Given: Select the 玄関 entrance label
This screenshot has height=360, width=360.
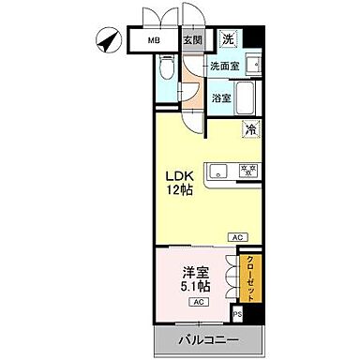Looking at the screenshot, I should [x=192, y=40].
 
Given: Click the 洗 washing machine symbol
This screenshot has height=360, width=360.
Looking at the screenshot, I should [x=228, y=40].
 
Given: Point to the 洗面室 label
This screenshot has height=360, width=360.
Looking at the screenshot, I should [x=226, y=67].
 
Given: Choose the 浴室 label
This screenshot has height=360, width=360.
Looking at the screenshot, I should [x=221, y=97].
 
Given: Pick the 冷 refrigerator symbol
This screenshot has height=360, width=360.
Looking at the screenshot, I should [x=250, y=130].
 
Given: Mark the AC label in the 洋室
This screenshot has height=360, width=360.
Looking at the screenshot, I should [x=200, y=302].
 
